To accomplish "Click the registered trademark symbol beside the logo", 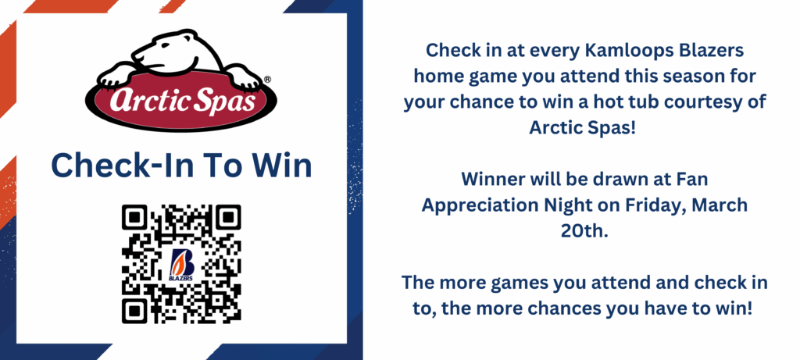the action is (268, 80).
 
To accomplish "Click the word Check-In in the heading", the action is (119, 166).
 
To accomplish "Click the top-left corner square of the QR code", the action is (134, 217).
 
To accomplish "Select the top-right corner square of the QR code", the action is (229, 217).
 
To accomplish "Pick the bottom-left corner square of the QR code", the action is (134, 311).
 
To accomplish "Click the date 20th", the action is (584, 230).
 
